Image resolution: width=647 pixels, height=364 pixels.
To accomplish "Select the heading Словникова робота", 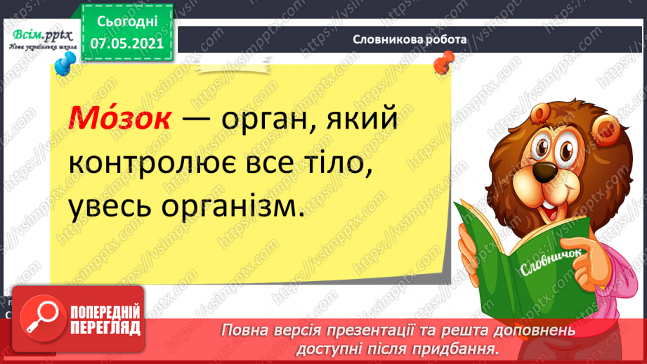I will coord(410,40).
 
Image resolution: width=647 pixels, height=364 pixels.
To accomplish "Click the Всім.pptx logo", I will coord(39,39).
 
